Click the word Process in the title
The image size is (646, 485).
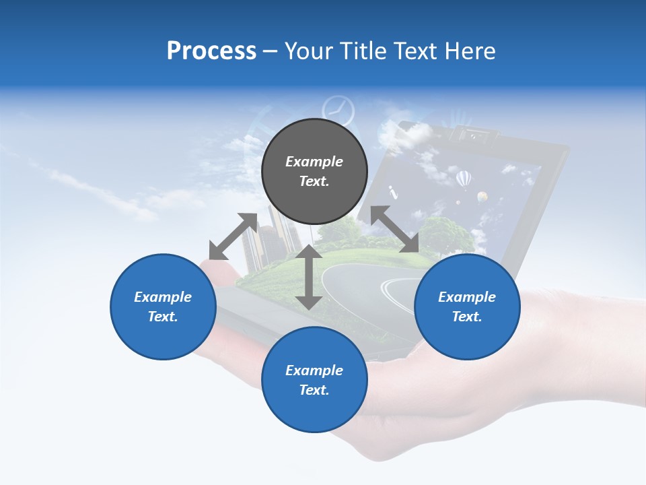(211, 51)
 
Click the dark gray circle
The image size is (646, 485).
(314, 171)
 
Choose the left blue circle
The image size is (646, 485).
(163, 306)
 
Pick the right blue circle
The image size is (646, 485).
(467, 306)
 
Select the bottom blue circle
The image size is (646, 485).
(314, 379)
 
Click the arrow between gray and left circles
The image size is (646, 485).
(233, 236)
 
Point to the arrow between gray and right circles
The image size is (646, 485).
(395, 229)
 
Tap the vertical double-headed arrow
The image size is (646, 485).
(309, 277)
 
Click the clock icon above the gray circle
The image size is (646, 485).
(338, 110)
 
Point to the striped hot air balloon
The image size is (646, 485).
(464, 179)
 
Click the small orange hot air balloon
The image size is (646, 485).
(482, 197)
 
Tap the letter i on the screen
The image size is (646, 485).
(394, 191)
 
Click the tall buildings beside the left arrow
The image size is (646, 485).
(273, 236)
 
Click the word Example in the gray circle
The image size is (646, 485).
(314, 162)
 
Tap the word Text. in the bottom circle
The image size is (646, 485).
(314, 390)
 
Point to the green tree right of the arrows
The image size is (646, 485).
(451, 232)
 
